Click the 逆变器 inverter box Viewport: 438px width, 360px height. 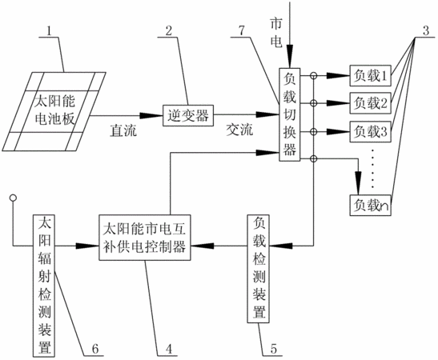(188, 115)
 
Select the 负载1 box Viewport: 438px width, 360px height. (370, 75)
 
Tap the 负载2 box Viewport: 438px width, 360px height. (370, 103)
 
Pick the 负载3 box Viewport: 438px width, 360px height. (370, 131)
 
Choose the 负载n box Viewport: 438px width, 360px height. (370, 205)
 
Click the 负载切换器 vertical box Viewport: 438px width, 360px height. (290, 114)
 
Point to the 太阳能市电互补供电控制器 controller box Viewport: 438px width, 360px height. (145, 238)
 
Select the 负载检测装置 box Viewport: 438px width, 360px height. (259, 269)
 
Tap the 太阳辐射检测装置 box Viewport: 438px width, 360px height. (44, 286)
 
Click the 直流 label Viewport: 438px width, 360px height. (123, 130)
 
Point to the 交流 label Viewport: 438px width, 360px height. (239, 130)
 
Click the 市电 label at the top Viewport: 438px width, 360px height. (276, 33)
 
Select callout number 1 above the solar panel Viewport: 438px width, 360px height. (49, 30)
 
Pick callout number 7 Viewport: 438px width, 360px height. (241, 30)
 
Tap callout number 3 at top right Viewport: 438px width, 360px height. (425, 30)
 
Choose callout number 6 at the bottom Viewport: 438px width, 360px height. (95, 349)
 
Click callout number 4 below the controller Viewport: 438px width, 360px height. (168, 349)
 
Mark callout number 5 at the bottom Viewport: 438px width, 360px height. (273, 349)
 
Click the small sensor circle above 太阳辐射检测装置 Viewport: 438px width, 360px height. (13, 198)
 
